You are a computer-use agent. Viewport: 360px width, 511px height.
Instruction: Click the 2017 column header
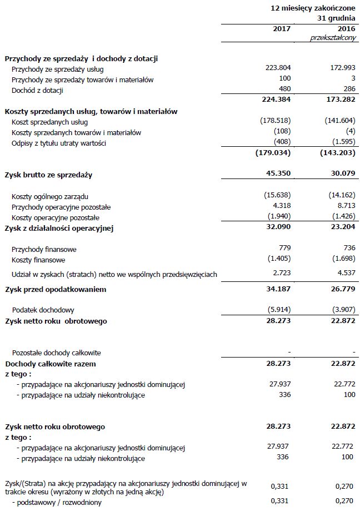(x=282, y=29)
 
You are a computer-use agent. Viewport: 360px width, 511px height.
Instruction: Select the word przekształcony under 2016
(x=333, y=37)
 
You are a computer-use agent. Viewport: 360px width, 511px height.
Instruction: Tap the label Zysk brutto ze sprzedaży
(x=48, y=175)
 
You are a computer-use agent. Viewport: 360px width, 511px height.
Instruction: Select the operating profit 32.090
(x=279, y=227)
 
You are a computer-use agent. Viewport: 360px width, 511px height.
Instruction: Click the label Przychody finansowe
(x=44, y=250)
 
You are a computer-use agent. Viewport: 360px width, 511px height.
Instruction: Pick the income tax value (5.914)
(x=277, y=310)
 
